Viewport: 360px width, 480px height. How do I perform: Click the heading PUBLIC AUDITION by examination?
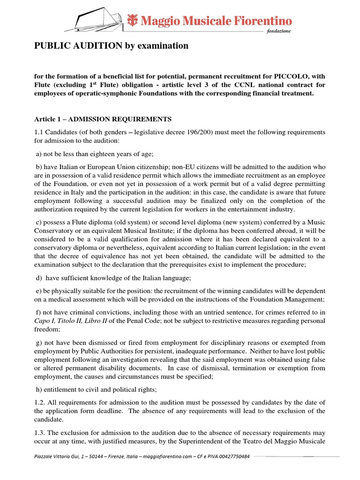[x=111, y=45]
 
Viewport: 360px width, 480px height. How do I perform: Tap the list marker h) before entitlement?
[x=39, y=389]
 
